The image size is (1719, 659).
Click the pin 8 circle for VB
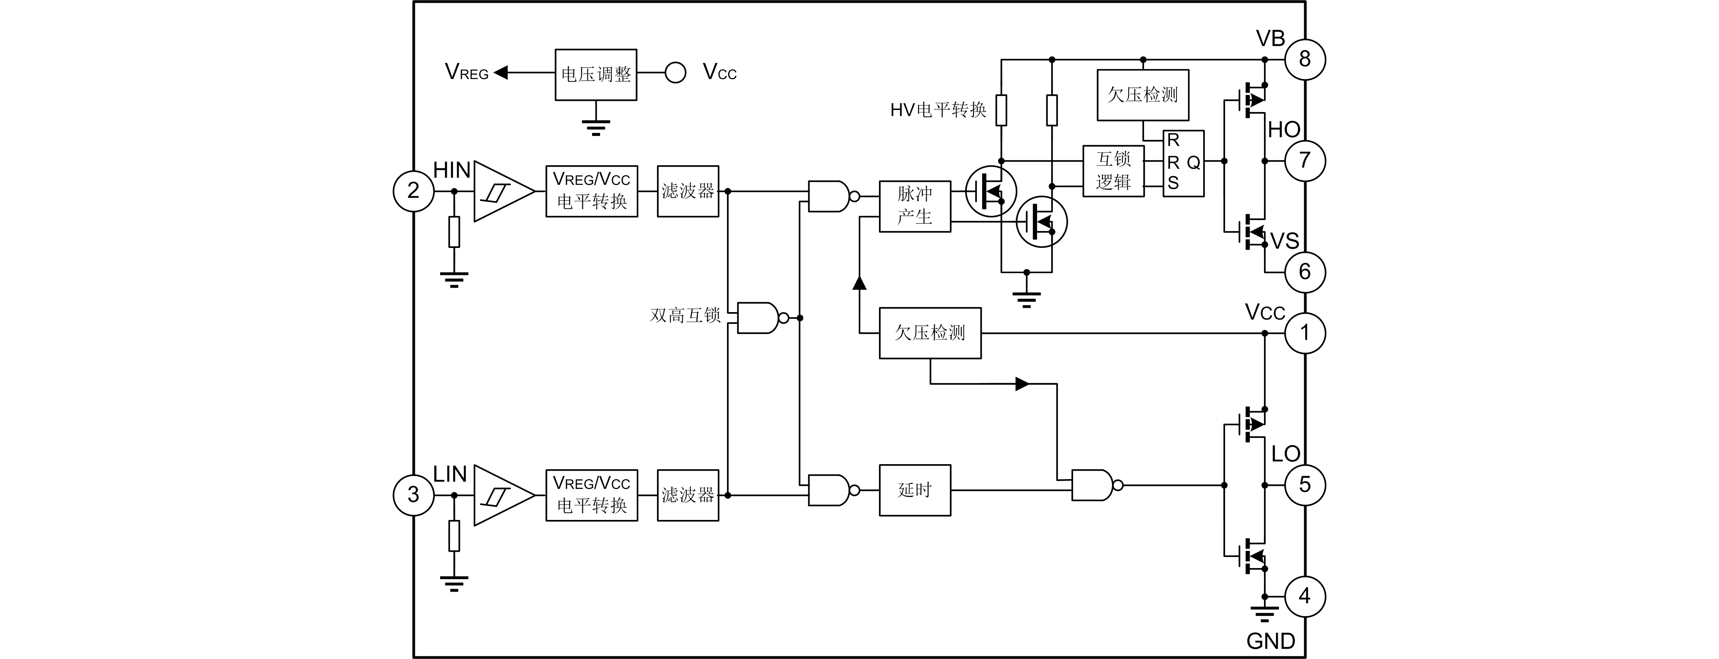1305,60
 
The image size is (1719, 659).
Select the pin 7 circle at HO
1305,161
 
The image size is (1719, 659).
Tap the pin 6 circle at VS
1305,272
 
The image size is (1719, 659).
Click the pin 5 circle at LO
1305,485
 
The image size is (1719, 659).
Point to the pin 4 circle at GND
1305,596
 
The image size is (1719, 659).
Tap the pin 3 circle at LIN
414,495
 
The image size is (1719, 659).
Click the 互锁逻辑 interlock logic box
1113,170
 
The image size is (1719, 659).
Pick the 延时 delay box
914,490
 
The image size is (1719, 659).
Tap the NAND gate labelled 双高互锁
758,318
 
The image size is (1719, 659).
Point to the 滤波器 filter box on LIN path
688,495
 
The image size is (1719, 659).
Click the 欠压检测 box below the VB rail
1143,95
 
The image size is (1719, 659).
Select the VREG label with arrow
467,72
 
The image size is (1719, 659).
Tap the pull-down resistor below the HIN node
454,232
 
